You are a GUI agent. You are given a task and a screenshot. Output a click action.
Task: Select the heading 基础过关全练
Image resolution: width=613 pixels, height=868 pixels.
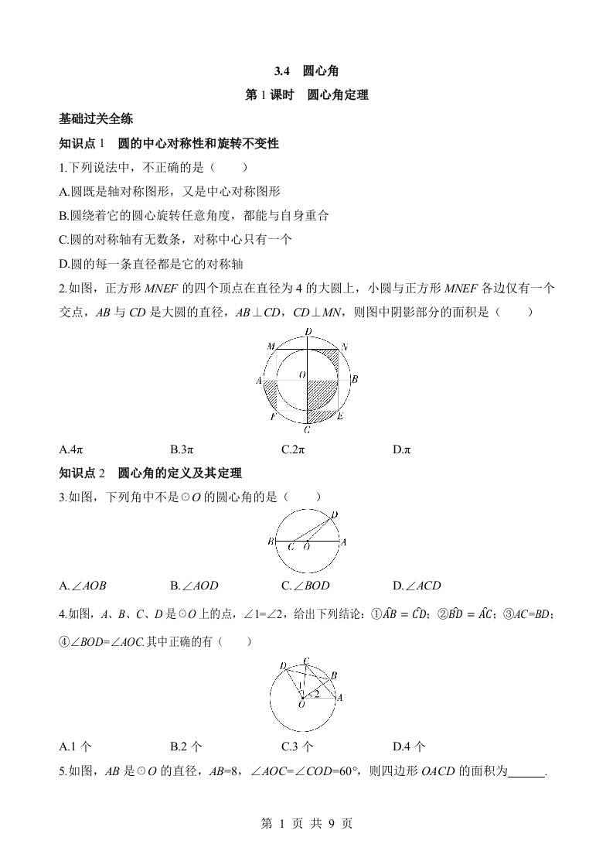(96, 119)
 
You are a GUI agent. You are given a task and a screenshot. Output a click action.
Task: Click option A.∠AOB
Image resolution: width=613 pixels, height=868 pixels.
(84, 586)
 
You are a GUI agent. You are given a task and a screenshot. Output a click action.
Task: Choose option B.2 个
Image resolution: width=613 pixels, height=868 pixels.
(186, 747)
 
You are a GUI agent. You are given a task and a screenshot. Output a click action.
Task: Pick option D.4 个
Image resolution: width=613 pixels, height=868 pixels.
(409, 747)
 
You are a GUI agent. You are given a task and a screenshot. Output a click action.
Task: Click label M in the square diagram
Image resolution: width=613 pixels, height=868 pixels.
(271, 347)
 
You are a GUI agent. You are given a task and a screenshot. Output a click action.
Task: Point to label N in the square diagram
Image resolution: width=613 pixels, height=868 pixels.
(345, 347)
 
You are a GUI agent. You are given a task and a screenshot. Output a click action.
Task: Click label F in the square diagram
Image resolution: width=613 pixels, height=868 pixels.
(273, 417)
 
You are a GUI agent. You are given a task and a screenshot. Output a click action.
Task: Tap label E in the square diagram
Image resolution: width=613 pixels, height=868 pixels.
(341, 417)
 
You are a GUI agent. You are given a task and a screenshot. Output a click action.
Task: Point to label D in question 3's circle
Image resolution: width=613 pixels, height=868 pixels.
(334, 514)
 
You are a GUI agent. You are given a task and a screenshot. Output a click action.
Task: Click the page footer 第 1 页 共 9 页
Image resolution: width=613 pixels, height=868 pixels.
(306, 824)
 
